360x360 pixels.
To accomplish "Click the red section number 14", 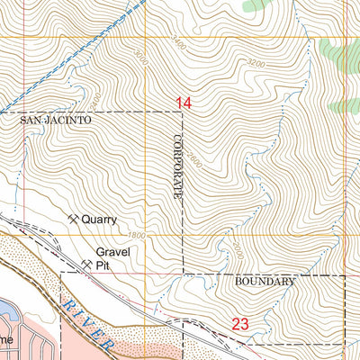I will tap(184, 103).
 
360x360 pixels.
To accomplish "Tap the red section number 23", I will tap(240, 324).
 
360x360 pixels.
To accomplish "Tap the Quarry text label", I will tap(99, 219).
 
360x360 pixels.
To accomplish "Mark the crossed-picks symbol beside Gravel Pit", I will tap(87, 264).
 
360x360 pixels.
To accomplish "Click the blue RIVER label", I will tap(87, 323).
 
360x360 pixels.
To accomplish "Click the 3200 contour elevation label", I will tap(256, 65).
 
